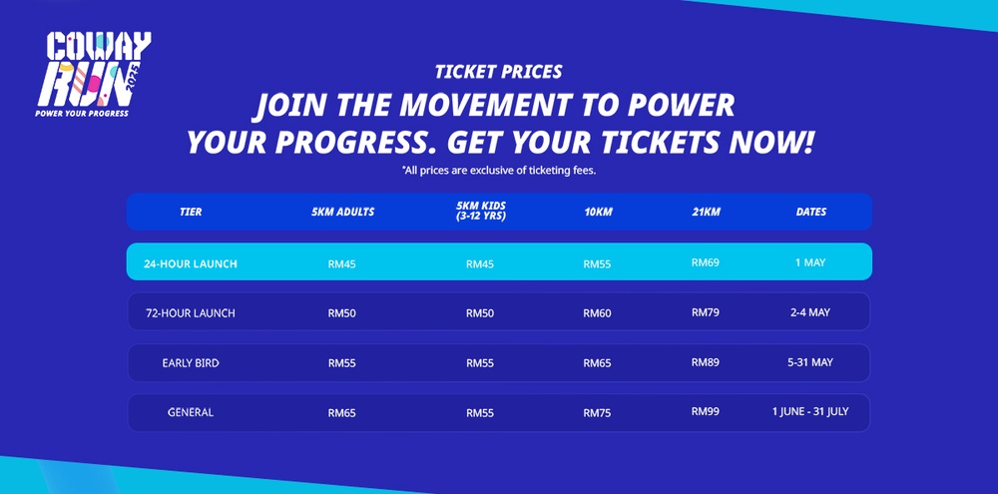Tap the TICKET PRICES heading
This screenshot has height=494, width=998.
498,72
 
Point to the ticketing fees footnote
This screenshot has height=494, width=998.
498,171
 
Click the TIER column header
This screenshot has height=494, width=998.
191,212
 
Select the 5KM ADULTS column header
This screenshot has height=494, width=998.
342,212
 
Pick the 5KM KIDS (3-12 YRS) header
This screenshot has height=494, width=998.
480,212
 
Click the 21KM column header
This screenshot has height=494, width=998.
705,212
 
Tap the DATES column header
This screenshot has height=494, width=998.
810,212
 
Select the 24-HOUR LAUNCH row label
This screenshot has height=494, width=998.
191,264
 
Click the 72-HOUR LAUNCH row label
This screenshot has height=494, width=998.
191,313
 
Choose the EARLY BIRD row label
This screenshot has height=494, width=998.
191,363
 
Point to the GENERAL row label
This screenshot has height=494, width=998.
191,412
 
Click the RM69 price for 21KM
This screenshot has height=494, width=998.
705,263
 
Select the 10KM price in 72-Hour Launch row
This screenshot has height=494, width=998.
597,313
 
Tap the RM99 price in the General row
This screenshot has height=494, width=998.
705,411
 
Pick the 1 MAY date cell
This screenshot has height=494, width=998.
810,263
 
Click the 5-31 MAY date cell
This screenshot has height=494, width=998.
810,362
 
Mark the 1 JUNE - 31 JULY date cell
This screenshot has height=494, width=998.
810,411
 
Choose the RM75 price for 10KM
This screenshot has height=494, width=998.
597,412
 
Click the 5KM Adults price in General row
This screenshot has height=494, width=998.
341,412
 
